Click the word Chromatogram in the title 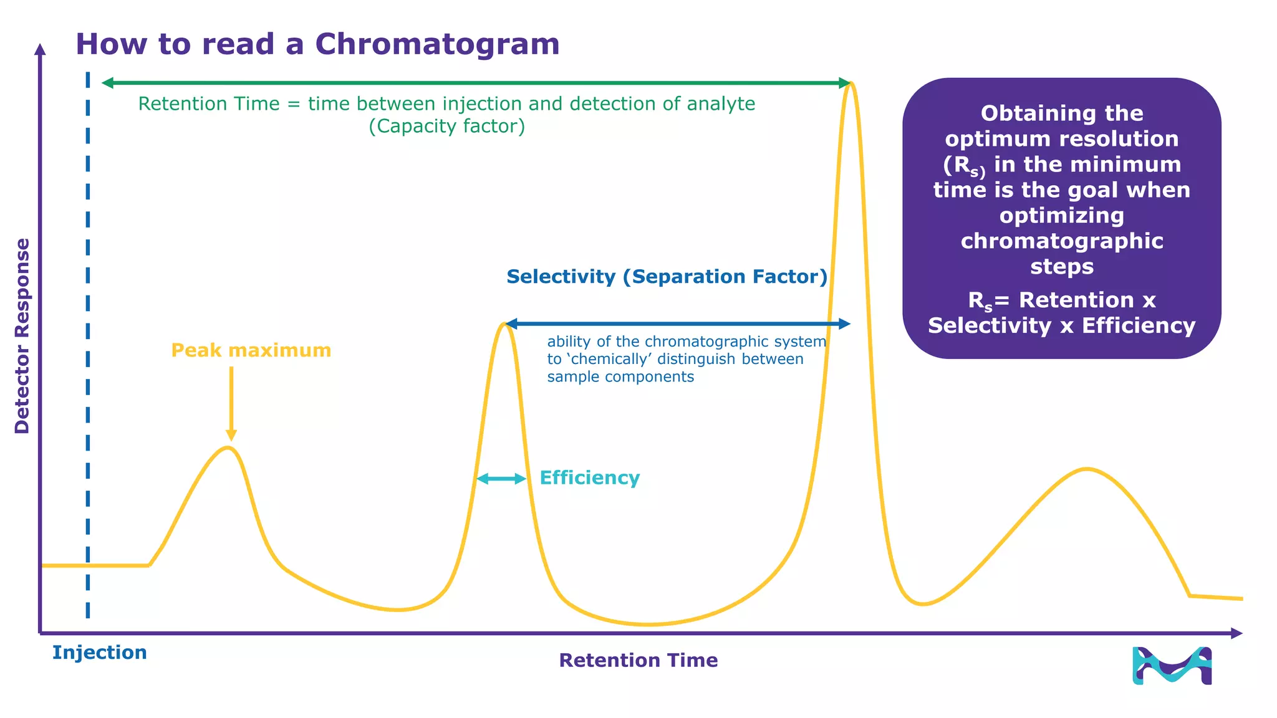(x=437, y=44)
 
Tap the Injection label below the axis (x=100, y=653)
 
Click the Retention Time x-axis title (x=638, y=660)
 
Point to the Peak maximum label (x=251, y=350)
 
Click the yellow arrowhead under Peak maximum (x=231, y=435)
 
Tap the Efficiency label (x=589, y=478)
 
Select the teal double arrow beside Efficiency (x=501, y=479)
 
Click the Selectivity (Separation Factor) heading (x=667, y=277)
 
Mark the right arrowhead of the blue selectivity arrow (x=845, y=323)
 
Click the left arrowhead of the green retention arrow (x=108, y=83)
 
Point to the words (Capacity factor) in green (x=446, y=127)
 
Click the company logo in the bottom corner (x=1172, y=666)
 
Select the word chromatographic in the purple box (x=1061, y=241)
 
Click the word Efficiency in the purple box (x=1138, y=326)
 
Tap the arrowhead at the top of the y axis (x=40, y=49)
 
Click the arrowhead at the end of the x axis (x=1237, y=633)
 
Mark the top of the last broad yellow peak (x=1087, y=469)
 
